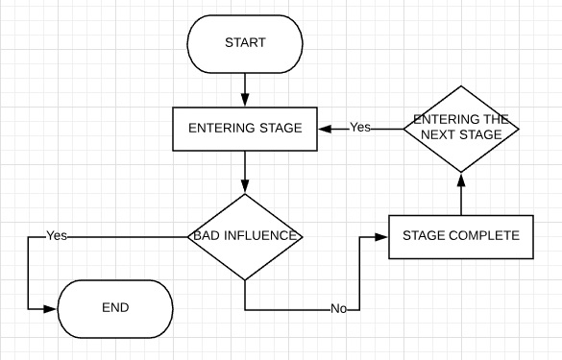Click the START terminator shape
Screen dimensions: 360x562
click(x=245, y=43)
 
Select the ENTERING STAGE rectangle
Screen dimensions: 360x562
click(x=245, y=129)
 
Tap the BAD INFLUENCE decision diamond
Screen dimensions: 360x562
click(x=245, y=237)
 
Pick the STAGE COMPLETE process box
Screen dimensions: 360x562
click(x=460, y=236)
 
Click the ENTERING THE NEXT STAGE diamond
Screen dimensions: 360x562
click(x=460, y=129)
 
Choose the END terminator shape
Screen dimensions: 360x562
click(x=115, y=308)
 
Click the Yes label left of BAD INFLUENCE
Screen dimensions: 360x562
click(x=57, y=236)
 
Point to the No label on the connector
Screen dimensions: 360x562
click(x=338, y=309)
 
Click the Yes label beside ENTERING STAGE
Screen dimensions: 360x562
click(x=359, y=128)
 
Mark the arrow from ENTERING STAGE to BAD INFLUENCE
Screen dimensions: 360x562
click(x=245, y=173)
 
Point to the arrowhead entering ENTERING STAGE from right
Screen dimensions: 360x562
click(x=325, y=129)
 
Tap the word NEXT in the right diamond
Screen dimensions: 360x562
click(x=447, y=135)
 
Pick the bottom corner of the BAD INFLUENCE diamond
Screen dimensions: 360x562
click(x=245, y=279)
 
